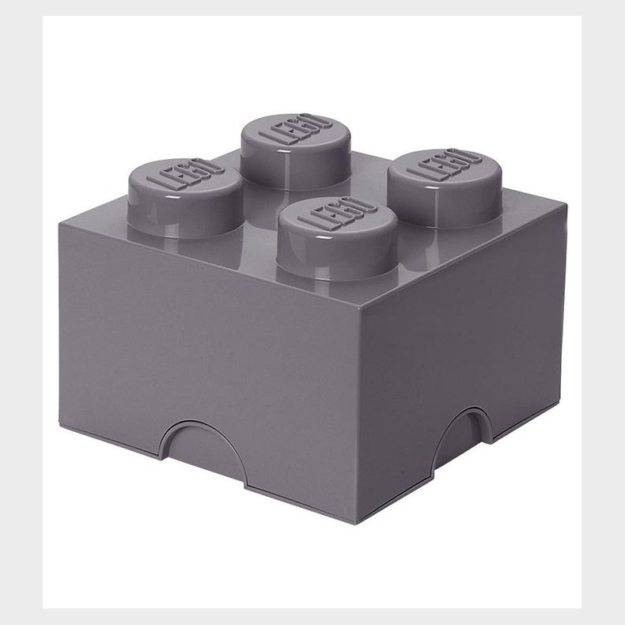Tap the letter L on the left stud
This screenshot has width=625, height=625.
point(168,188)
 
